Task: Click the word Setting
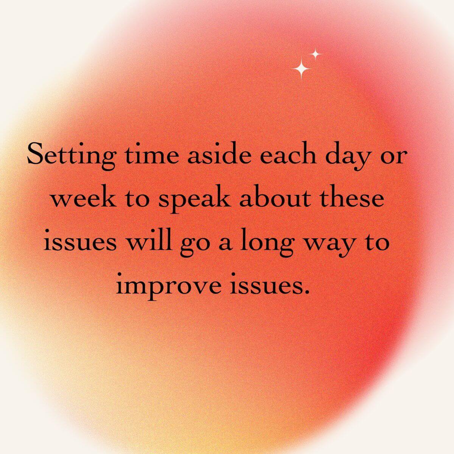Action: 72,155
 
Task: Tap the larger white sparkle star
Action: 301,68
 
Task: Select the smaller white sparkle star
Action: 315,54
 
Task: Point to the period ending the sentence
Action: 306,292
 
